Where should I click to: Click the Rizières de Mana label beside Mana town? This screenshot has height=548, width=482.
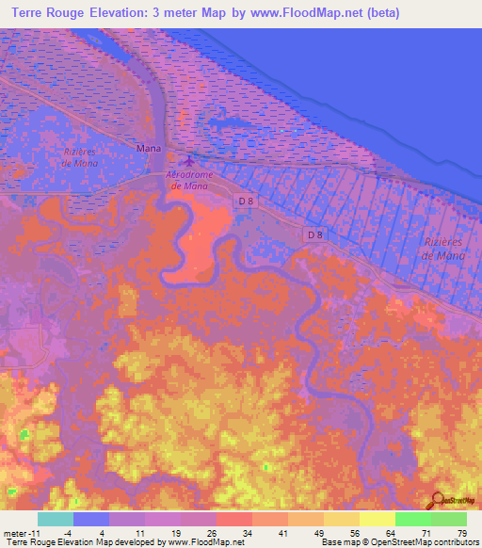80,156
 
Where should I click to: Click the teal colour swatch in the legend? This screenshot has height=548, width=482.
56,519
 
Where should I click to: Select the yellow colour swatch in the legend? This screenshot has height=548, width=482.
378,519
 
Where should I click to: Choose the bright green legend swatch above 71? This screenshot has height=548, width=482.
413,519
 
